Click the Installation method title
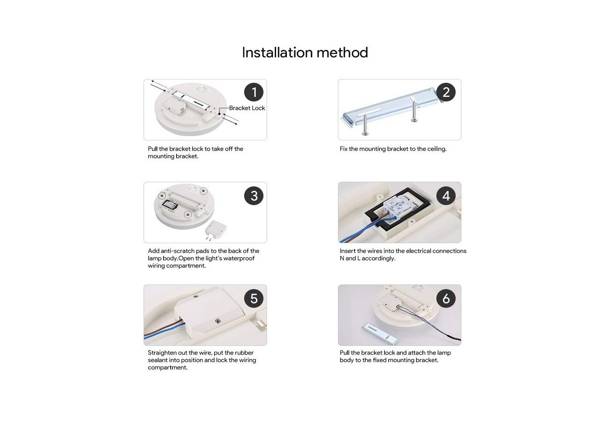tap(305, 52)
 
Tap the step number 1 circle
tap(254, 92)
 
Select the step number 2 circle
tap(446, 92)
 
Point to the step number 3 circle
tap(254, 196)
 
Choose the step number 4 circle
tap(446, 196)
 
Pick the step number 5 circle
tap(254, 298)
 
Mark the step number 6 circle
tap(446, 298)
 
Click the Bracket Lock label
tap(247, 108)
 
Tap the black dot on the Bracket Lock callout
tap(220, 114)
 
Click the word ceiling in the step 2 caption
tap(437, 149)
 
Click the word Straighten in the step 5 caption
tap(162, 353)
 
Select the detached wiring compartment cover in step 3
tap(216, 229)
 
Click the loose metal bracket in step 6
tap(381, 334)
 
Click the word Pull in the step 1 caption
tap(153, 149)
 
